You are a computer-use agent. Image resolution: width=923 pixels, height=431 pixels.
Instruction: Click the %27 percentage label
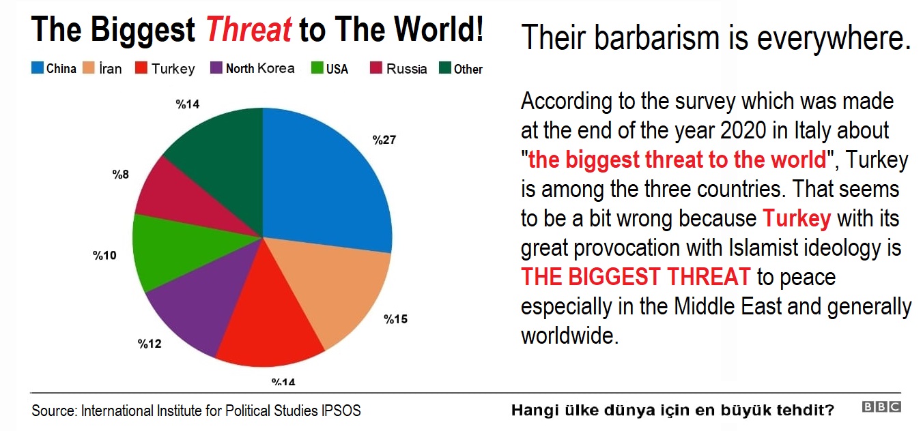coord(384,140)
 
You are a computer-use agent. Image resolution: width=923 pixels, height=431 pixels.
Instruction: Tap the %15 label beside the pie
coord(395,319)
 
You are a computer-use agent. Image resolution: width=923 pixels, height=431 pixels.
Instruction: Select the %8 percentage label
coord(120,175)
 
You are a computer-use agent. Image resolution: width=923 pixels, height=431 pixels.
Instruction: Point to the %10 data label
coord(104,256)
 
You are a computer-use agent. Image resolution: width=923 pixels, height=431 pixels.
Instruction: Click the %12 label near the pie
coord(150,344)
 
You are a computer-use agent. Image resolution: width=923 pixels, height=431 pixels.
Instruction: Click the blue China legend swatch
coord(38,68)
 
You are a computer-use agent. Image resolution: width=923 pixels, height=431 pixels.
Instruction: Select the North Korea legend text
coord(260,68)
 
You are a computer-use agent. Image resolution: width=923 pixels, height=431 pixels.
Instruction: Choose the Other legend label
coord(468,69)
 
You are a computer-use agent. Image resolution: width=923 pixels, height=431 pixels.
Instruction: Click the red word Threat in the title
coord(249,29)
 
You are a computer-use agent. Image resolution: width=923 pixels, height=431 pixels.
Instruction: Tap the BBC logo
coord(881,406)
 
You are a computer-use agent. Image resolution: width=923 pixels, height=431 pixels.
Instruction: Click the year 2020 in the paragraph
coord(743,130)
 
